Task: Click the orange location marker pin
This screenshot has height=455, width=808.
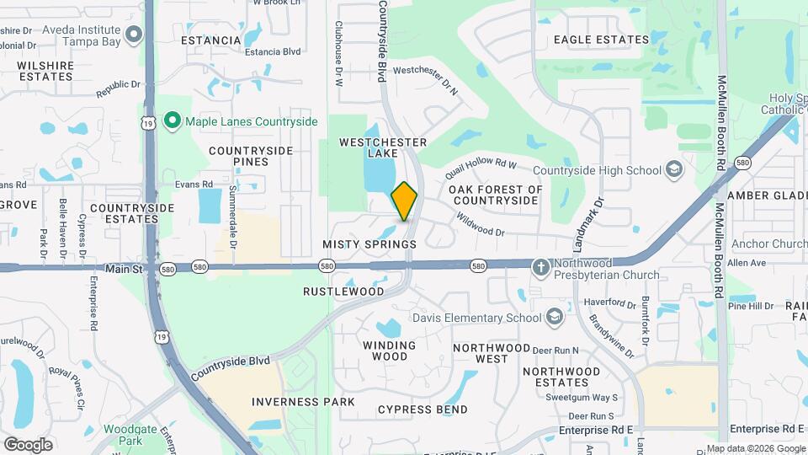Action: pos(404,201)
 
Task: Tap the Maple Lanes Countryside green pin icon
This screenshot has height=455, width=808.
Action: pos(173,121)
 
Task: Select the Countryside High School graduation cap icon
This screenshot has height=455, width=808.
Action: pos(673,170)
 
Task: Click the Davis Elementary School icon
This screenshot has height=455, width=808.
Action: pos(554,318)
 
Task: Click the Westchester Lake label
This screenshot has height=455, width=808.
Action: pos(383,148)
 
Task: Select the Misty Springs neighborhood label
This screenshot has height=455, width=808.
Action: pos(369,244)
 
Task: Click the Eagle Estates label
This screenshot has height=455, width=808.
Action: pos(602,40)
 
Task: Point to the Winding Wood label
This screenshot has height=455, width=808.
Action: pos(389,351)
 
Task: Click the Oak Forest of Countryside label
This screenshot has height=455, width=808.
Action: pos(496,195)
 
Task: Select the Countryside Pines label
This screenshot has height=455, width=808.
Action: pos(251,156)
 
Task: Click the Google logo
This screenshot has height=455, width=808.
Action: pos(28,445)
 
